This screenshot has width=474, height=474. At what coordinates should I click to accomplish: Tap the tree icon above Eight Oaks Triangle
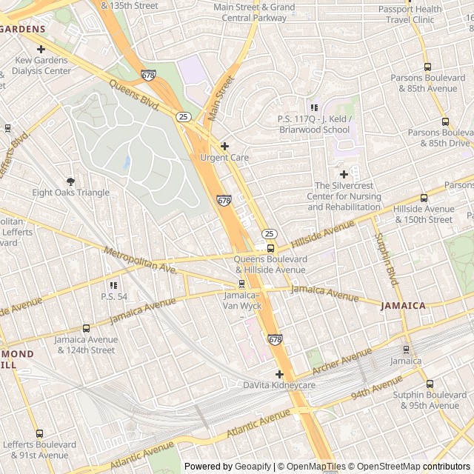pos(71,181)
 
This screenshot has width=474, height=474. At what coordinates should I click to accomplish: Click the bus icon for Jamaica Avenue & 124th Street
pos(86,328)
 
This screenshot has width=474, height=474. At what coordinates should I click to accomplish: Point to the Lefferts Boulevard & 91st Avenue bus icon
pos(39,433)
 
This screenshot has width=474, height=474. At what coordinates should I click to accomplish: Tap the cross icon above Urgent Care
pos(224,146)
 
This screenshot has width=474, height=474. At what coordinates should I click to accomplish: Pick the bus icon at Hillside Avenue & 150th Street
pos(424,198)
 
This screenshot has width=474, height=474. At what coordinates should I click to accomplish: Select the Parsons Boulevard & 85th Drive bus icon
pos(445,121)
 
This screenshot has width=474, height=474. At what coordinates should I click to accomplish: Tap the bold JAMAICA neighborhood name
pos(403,305)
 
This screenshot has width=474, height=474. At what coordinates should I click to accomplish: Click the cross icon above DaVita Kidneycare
pos(279,374)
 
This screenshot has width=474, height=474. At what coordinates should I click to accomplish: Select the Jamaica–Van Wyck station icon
pos(241,284)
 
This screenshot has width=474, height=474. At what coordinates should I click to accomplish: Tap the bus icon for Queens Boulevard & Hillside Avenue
pos(270,248)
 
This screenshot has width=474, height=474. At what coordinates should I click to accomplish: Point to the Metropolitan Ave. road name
pos(140,261)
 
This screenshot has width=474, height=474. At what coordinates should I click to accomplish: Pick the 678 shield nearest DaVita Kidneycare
pos(276,339)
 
